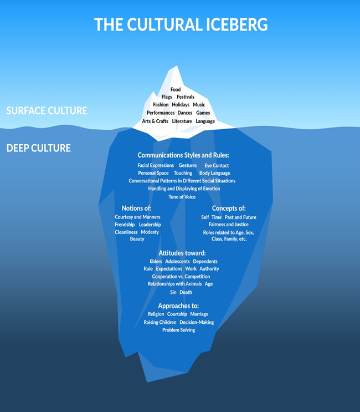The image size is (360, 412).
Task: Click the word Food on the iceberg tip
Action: coord(176,89)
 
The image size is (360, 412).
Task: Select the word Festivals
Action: coord(186,97)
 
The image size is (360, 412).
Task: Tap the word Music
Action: coord(199,105)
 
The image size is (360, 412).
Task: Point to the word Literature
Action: coord(182,121)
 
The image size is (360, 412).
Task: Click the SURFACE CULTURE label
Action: coord(47,111)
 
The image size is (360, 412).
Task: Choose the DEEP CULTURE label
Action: coord(39,149)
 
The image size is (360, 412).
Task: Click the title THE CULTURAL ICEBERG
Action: coord(181,25)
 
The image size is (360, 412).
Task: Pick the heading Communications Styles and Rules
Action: coord(183,156)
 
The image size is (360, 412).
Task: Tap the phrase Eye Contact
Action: coord(217,165)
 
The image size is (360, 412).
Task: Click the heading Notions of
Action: coord(137,208)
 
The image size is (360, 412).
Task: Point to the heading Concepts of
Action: coord(229,208)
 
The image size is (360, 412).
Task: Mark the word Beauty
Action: coord(137,239)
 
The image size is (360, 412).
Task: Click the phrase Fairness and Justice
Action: coord(229,225)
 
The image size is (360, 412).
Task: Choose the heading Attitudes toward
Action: coord(182,253)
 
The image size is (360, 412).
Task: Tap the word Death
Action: coord(186,292)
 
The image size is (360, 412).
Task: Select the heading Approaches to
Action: coord(178,306)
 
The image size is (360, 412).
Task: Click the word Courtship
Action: coord(177,314)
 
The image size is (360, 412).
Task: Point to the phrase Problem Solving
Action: coord(178,330)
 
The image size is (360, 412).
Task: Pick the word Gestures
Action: coord(188,165)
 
